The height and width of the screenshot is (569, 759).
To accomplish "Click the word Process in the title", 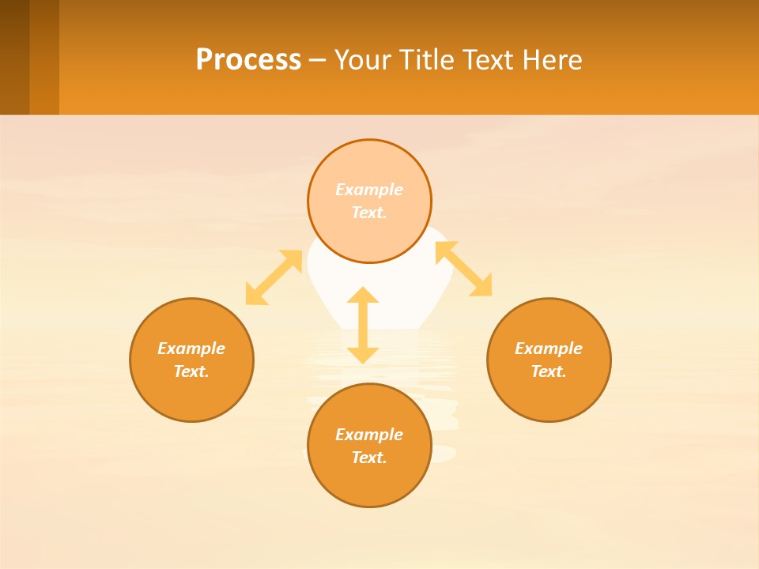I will click(x=248, y=60).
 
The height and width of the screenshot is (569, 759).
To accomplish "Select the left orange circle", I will click(x=191, y=395).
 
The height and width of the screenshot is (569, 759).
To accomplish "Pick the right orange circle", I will click(x=549, y=395).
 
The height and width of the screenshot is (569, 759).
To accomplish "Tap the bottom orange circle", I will click(x=369, y=482).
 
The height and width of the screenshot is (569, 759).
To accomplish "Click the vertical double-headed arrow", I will click(x=363, y=325).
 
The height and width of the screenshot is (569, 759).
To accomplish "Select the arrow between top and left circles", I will click(x=274, y=277).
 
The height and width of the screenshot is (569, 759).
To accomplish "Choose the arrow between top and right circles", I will click(x=464, y=269).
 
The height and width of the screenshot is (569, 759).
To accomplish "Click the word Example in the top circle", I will click(x=369, y=190).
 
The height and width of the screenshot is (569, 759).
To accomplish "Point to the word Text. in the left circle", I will click(x=191, y=371).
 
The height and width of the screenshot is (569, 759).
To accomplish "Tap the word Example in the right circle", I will click(x=549, y=349).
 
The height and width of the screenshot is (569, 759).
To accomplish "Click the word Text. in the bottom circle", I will click(x=369, y=458).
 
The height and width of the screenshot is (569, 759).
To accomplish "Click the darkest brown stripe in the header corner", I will click(x=14, y=57).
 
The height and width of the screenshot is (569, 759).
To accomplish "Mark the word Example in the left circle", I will click(x=191, y=349).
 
